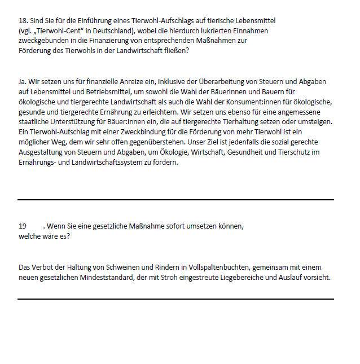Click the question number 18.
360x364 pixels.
pyautogui.click(x=22, y=20)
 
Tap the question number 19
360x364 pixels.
pyautogui.click(x=23, y=226)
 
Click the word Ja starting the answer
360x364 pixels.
pyautogui.click(x=22, y=82)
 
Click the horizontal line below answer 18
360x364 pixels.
pyautogui.click(x=175, y=200)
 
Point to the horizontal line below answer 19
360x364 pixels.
pyautogui.click(x=175, y=299)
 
